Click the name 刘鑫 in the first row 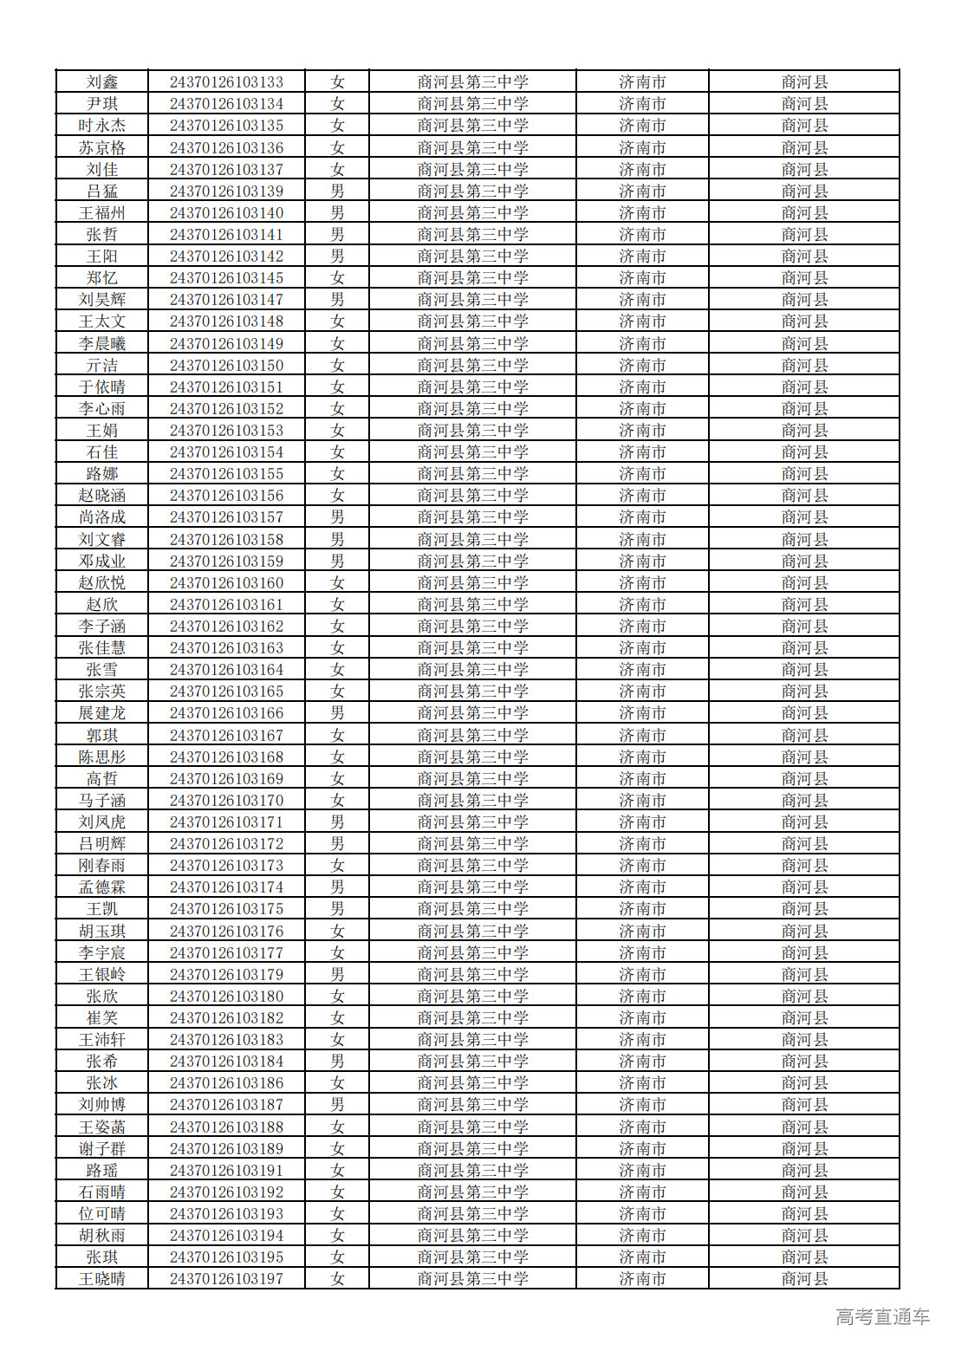102,82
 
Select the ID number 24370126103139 226,192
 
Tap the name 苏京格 102,148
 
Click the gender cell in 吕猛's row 337,192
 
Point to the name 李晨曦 102,344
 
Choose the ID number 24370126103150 226,366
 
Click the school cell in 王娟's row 472,431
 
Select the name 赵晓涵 102,496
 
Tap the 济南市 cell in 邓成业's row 642,562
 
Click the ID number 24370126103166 226,713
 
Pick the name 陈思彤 102,757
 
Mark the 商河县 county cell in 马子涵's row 804,801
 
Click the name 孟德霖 102,887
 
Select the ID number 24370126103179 226,975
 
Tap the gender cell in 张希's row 337,1062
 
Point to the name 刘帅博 102,1105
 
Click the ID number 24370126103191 226,1171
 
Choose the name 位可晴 102,1214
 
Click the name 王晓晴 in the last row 102,1279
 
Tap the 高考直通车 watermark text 882,1317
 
